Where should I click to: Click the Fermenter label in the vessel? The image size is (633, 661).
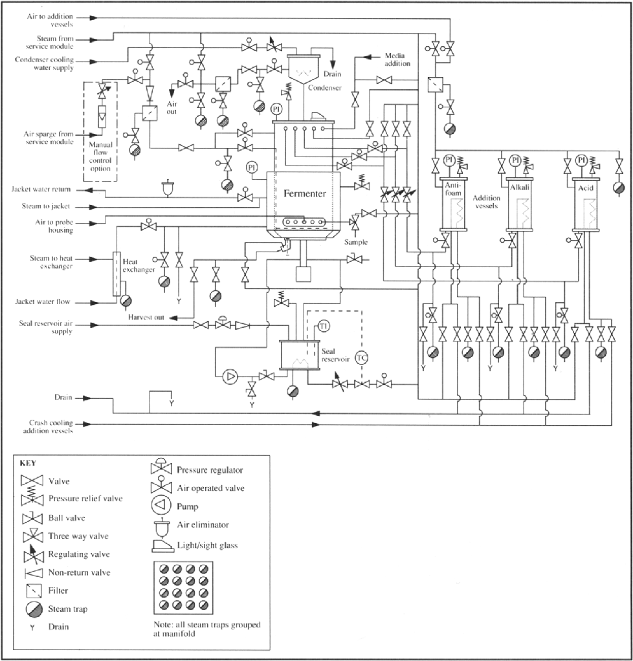coord(305,193)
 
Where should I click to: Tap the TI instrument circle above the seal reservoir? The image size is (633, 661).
coord(324,326)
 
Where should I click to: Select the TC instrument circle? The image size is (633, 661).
coord(362,358)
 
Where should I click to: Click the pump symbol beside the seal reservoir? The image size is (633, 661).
coord(230,376)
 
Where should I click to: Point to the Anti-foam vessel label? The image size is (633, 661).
coord(453,189)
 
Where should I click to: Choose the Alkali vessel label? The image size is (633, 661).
coord(520,187)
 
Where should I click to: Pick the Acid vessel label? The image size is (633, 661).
coord(585,188)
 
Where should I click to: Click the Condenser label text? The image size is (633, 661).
coord(324,88)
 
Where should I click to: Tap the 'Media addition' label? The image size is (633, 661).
coord(397,60)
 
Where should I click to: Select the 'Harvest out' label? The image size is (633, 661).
coord(146,318)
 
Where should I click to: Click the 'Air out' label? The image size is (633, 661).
coord(172,107)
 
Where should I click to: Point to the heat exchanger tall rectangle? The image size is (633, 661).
coord(116,274)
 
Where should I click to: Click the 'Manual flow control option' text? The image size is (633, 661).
coord(100,157)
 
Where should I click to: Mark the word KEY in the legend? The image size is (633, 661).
coord(28,463)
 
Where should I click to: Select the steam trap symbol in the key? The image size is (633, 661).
coord(34,609)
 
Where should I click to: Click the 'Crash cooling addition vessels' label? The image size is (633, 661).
coord(48,427)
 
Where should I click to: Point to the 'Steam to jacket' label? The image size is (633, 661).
coord(46,206)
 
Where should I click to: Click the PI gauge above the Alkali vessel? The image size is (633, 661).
coord(515,160)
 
